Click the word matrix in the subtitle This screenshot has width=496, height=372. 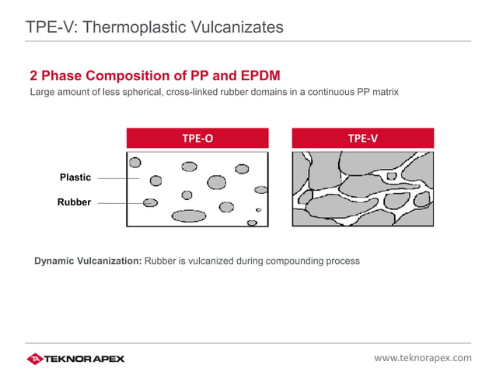tap(383, 93)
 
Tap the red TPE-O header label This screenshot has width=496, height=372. tap(197, 139)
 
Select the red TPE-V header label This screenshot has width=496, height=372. tap(362, 139)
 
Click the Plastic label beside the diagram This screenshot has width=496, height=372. tap(75, 177)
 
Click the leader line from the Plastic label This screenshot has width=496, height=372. tap(118, 178)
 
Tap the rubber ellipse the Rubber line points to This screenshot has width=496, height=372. tap(151, 203)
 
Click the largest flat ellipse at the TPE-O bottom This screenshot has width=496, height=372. tap(188, 216)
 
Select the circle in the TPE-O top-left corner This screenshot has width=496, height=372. tap(135, 163)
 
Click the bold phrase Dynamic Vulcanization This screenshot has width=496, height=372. tap(88, 261)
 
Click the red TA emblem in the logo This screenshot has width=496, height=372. tap(35, 358)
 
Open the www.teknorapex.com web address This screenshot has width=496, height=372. tap(422, 358)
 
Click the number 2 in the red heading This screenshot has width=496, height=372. tap(34, 76)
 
